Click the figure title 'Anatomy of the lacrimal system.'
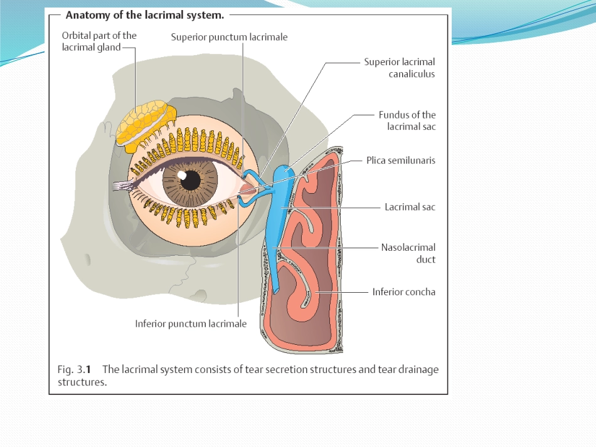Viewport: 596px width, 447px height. click(145, 15)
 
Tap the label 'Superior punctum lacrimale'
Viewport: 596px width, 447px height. click(229, 37)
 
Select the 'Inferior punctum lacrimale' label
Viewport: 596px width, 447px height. click(191, 324)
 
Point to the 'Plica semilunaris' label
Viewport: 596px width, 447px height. click(401, 160)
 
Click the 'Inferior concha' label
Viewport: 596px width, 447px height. click(403, 292)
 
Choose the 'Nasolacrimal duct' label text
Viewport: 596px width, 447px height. click(408, 253)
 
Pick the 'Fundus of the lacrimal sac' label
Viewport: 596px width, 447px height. click(407, 121)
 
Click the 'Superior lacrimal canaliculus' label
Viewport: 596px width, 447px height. click(400, 68)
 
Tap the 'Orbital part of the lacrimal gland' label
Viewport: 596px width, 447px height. click(99, 41)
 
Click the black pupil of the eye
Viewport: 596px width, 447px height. click(191, 180)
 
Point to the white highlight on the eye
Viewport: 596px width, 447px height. click(182, 176)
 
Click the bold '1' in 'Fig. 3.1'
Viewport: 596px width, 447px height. click(88, 369)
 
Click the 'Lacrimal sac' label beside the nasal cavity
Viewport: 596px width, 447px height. click(410, 207)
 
